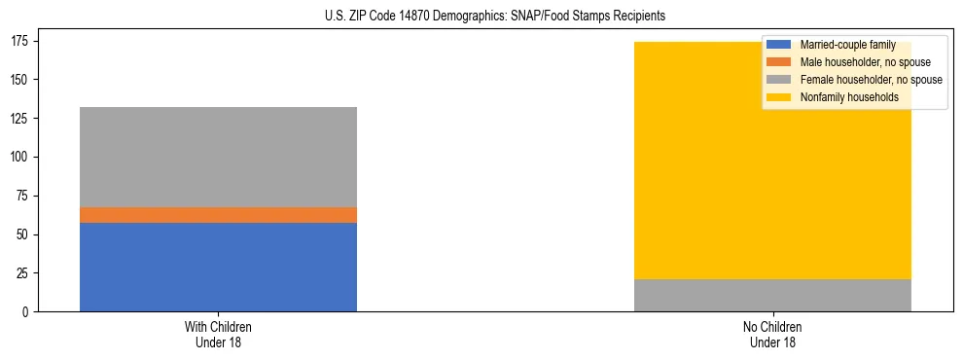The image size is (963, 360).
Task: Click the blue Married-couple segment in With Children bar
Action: [x=218, y=268]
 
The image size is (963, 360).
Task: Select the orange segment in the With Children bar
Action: [x=218, y=215]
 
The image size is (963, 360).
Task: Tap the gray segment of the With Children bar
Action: [x=218, y=157]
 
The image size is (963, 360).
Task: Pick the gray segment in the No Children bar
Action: [x=772, y=296]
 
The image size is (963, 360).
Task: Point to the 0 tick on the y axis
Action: [x=26, y=312]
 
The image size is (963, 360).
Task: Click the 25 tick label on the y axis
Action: [x=23, y=273]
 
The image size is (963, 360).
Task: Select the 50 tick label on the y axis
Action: [x=23, y=234]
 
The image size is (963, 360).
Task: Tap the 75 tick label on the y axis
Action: [x=23, y=196]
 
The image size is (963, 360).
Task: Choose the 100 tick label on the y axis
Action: [x=20, y=157]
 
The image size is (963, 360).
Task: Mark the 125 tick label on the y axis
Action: [x=20, y=118]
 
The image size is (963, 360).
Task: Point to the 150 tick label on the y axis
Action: [x=20, y=79]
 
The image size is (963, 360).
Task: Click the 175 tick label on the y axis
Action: [x=20, y=40]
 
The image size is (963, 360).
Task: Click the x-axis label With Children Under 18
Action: [x=218, y=334]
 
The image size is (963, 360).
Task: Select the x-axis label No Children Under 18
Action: [x=772, y=334]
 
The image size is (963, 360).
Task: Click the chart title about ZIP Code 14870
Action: [x=495, y=17]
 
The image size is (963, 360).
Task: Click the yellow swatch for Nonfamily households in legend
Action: [x=779, y=97]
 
